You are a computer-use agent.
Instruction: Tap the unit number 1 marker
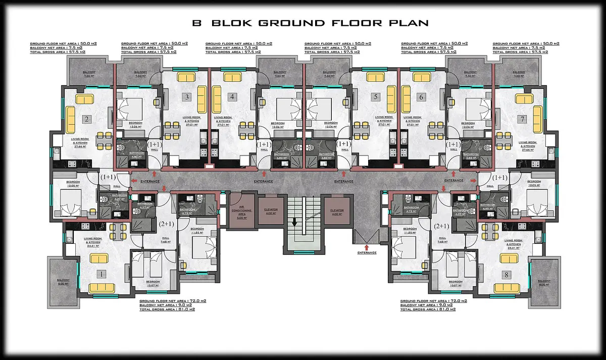pos(103,274)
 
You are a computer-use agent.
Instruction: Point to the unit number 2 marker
pos(87,120)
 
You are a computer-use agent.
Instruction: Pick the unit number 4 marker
pos(232,97)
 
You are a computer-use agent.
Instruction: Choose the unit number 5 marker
pos(375,97)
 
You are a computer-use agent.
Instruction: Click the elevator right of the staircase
pos(337,209)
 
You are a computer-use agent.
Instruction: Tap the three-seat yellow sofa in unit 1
pos(103,288)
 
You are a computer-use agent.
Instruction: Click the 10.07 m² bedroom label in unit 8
pos(456,283)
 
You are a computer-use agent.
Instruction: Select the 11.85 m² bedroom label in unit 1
pos(197,231)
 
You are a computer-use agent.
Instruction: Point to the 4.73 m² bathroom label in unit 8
pos(410,209)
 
